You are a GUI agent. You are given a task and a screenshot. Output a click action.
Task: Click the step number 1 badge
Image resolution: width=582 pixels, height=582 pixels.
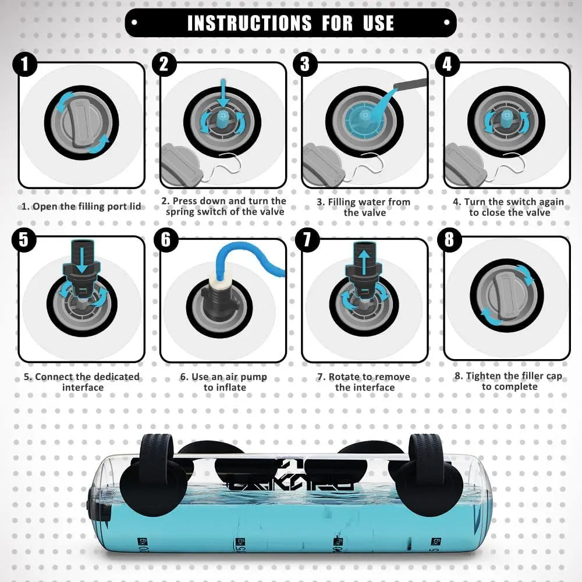tap(24, 65)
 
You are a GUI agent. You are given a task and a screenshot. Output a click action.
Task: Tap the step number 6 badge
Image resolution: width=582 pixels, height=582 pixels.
tap(166, 240)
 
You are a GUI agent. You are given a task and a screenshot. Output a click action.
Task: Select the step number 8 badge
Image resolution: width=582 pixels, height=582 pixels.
tap(448, 240)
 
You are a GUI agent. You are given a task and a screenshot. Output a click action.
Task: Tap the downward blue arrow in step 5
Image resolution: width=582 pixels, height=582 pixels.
tap(81, 259)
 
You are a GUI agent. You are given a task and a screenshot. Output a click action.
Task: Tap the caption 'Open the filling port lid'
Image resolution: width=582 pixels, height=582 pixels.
tap(81, 206)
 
